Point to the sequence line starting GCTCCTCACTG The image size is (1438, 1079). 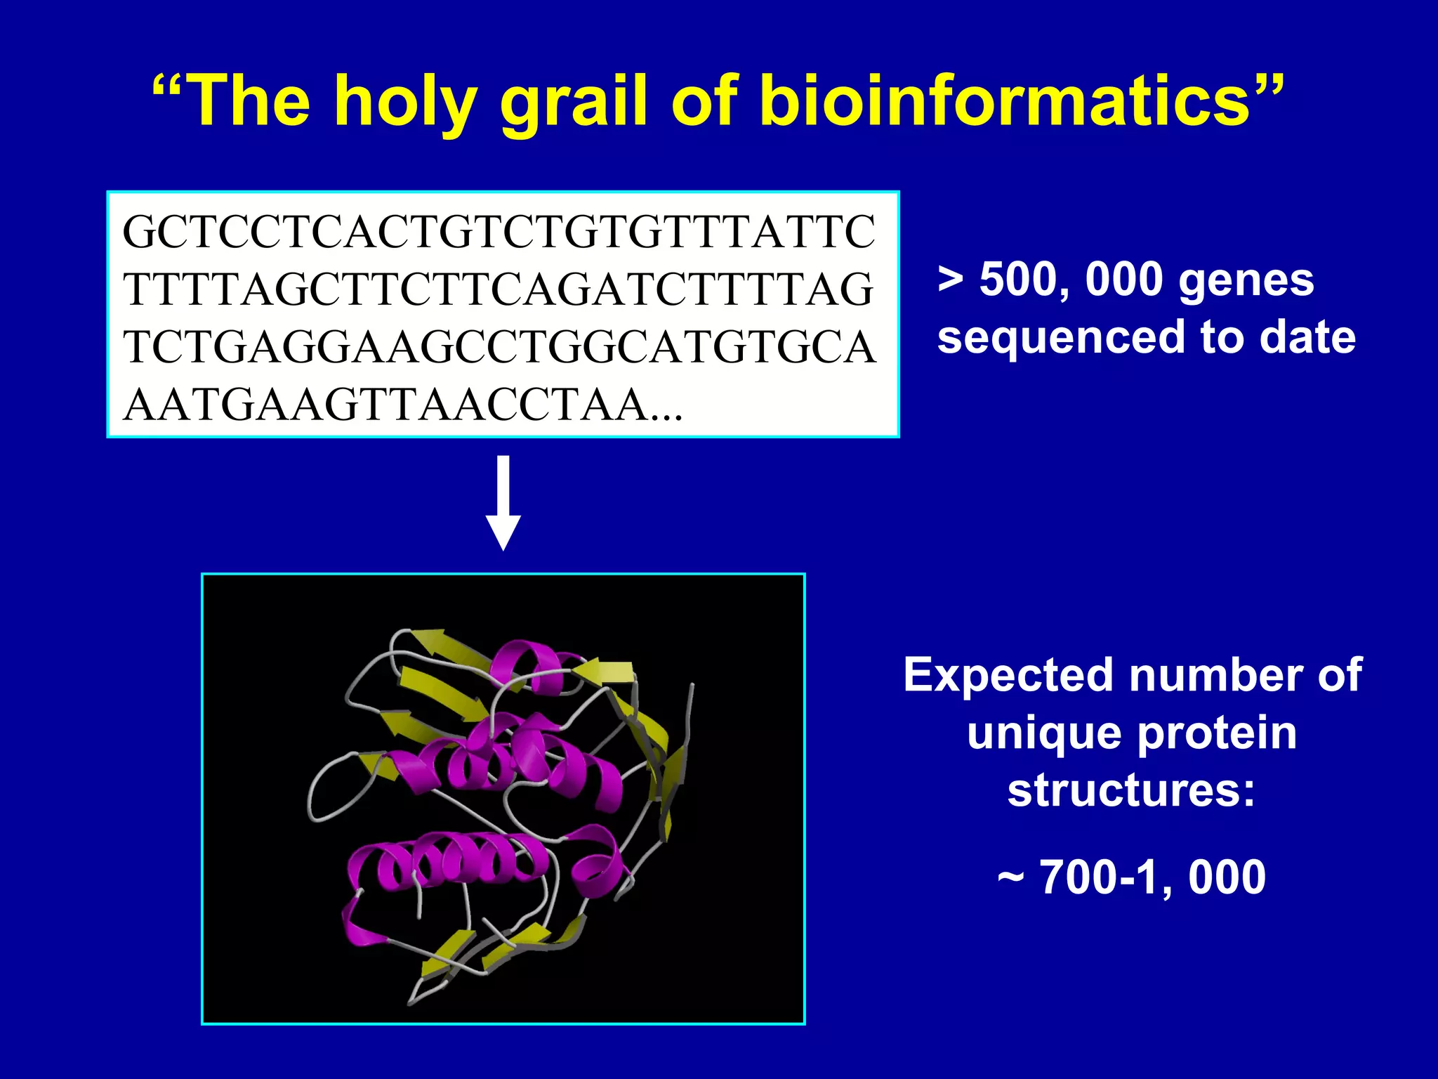tap(499, 233)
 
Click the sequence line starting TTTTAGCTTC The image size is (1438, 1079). tap(499, 290)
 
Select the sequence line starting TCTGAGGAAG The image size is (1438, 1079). tap(499, 348)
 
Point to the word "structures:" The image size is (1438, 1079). tap(1131, 791)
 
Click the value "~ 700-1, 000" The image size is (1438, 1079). tap(1131, 878)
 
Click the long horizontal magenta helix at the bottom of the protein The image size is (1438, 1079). tap(449, 861)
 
